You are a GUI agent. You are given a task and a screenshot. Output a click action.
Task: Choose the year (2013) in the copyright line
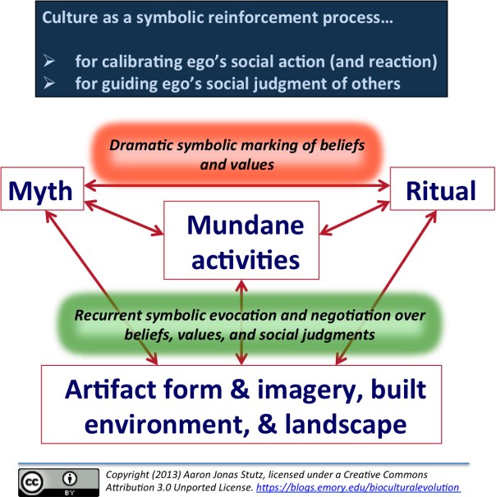pyautogui.click(x=158, y=474)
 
